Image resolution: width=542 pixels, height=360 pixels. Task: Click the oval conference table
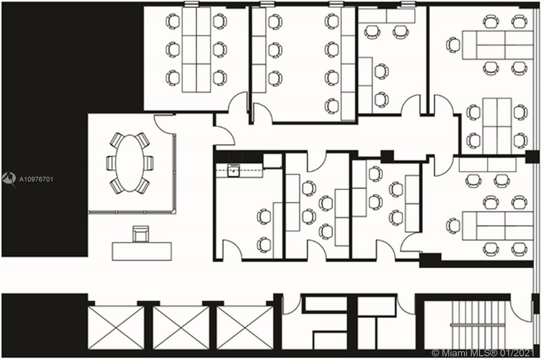click(x=130, y=163)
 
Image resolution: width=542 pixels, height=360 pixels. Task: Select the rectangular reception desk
click(x=142, y=251)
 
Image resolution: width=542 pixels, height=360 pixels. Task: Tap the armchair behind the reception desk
click(x=141, y=234)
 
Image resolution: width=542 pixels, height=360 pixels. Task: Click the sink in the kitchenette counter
click(x=233, y=170)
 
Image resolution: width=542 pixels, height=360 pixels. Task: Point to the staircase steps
click(x=478, y=325)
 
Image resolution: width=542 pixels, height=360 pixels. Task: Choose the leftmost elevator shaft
click(x=116, y=328)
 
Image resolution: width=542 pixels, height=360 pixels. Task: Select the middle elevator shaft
click(x=181, y=328)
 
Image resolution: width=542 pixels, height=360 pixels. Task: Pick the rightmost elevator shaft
click(x=245, y=328)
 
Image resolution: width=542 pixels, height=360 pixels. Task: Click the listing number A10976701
click(x=36, y=179)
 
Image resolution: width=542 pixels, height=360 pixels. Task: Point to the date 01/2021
click(x=517, y=353)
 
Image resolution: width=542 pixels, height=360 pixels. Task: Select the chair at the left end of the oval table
click(x=111, y=163)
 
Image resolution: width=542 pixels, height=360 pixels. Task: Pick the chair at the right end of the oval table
click(x=149, y=163)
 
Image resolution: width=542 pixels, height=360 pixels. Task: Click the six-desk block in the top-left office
click(x=196, y=49)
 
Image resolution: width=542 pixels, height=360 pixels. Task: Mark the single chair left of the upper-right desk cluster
click(x=453, y=45)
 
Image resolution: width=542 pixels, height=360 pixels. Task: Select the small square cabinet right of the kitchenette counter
click(x=272, y=161)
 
